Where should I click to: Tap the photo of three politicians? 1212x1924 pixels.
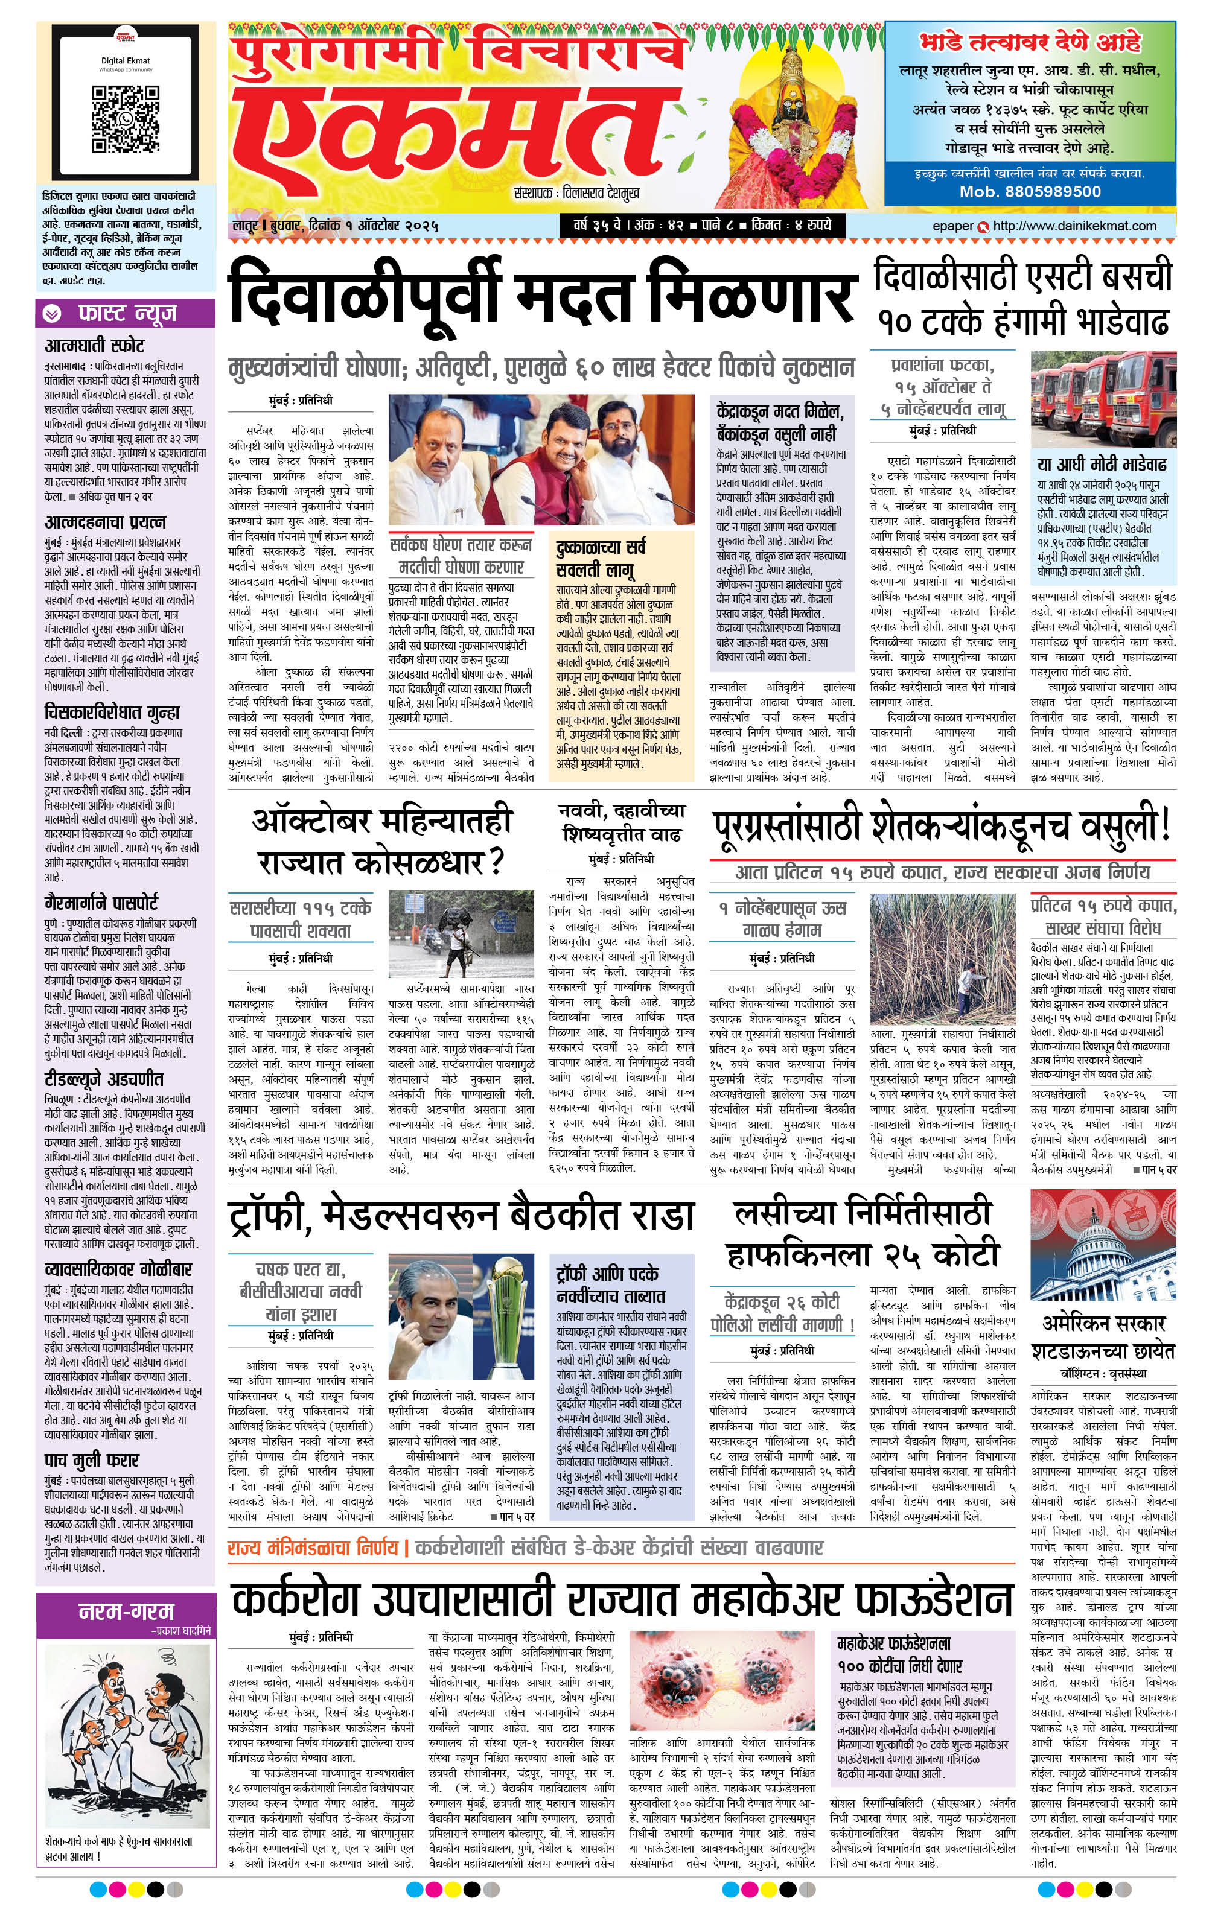coord(540,459)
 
